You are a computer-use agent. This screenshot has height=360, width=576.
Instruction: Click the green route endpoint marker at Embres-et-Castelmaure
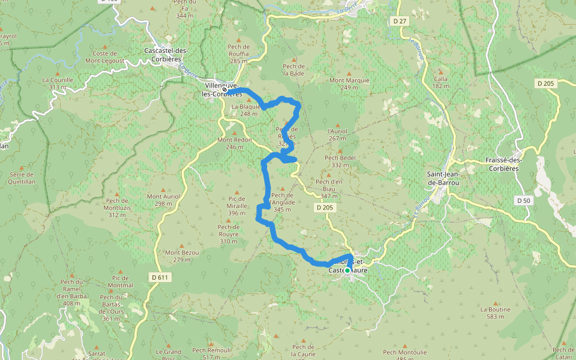[347, 271]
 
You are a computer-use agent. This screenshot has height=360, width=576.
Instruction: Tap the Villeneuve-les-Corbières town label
[223, 90]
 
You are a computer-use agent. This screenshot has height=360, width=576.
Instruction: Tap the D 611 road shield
[160, 277]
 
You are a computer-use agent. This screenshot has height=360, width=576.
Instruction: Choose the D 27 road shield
[400, 21]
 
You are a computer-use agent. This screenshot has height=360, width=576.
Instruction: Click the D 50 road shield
[523, 200]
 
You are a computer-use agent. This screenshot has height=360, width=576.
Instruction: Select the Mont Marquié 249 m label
[349, 83]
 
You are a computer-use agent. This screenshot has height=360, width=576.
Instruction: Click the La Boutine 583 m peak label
[495, 313]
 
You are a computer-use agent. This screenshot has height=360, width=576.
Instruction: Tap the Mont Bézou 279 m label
[182, 256]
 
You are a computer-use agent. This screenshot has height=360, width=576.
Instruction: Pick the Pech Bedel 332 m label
[341, 161]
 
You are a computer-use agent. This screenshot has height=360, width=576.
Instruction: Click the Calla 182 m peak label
[441, 82]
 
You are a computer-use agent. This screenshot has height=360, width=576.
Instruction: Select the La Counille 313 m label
[58, 83]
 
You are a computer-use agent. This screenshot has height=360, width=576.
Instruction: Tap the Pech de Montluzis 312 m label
[117, 208]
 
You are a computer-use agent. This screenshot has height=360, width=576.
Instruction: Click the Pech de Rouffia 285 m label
[239, 53]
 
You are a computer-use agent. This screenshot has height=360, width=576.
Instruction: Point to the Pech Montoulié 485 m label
[405, 355]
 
